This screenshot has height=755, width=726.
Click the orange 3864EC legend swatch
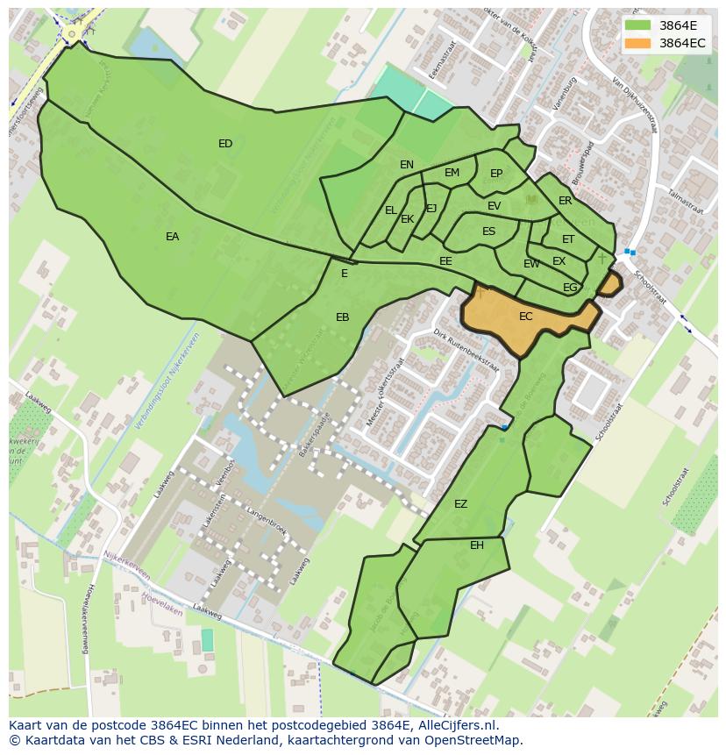[x=640, y=43]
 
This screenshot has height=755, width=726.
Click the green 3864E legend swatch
[x=640, y=25]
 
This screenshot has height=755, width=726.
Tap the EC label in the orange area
[x=525, y=317]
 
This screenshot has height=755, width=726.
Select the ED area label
[x=225, y=144]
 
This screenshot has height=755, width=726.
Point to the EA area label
[x=172, y=237]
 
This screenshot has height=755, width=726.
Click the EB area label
[x=342, y=317]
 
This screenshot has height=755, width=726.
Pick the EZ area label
[x=460, y=504]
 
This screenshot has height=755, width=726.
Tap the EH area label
[x=476, y=545]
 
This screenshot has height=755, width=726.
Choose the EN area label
[x=407, y=165]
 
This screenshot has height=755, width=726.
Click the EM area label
[x=452, y=173]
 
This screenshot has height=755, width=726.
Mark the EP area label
[x=496, y=174]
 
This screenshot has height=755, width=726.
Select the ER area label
[x=565, y=201]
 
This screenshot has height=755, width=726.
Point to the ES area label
[x=488, y=232]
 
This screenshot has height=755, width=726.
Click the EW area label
[x=531, y=264]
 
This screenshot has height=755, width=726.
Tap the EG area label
[x=570, y=288]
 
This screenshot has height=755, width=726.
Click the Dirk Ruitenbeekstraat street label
[x=466, y=351]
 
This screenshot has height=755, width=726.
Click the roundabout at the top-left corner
[x=74, y=32]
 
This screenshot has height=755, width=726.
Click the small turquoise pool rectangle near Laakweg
[x=207, y=640]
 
